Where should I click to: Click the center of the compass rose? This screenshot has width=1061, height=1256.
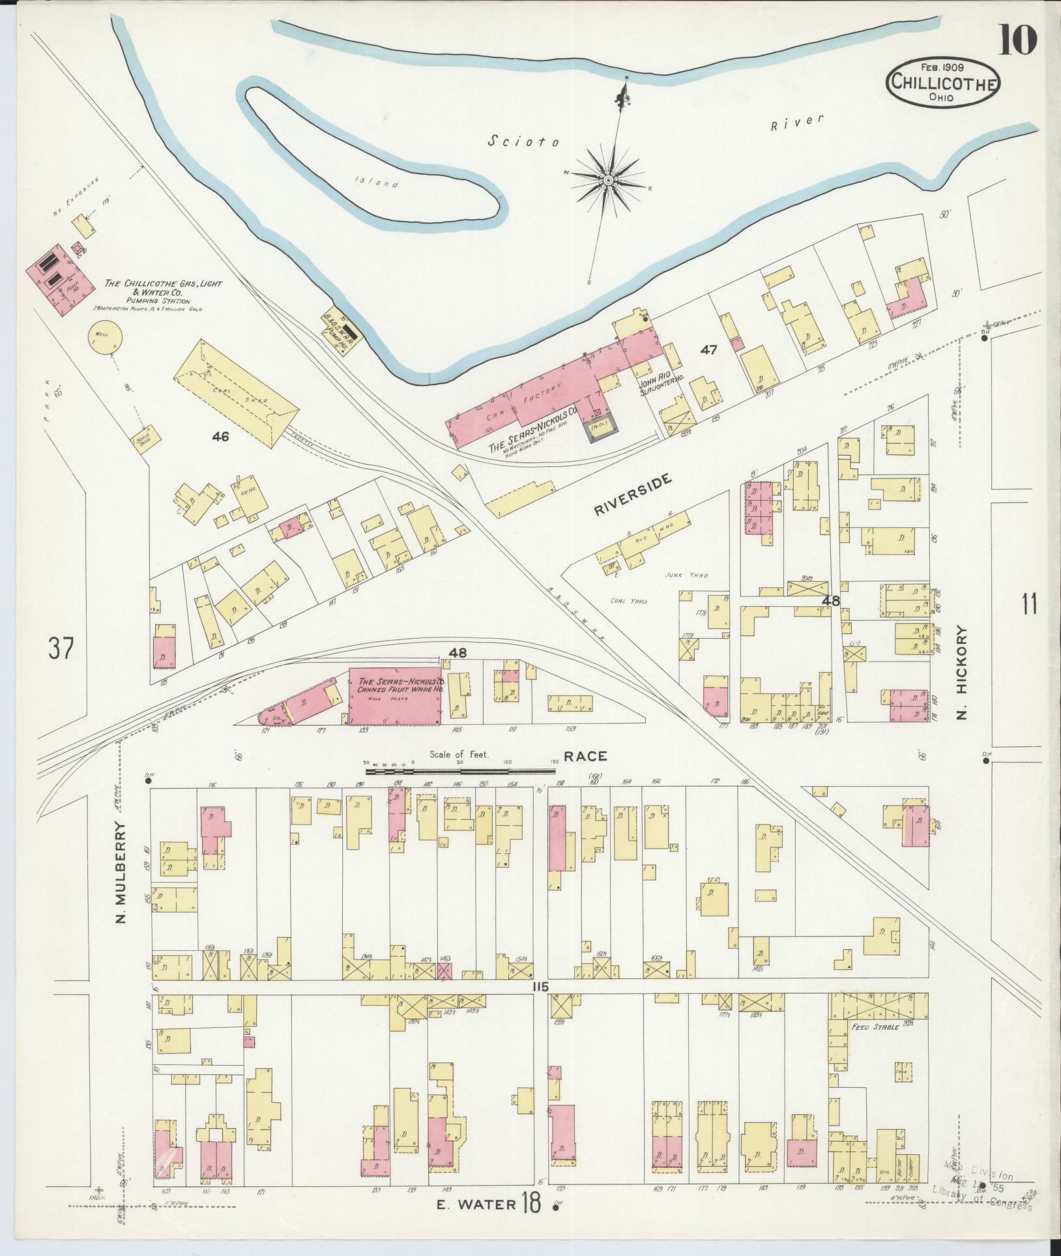(607, 179)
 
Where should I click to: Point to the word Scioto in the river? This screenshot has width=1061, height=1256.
(523, 140)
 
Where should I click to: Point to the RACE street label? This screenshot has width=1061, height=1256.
(585, 756)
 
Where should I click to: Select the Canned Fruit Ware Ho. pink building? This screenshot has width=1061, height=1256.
(395, 695)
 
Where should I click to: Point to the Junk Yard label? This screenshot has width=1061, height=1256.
(686, 576)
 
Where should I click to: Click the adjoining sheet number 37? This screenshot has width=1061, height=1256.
(61, 649)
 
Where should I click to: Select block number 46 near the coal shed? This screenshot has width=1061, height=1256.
(220, 437)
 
